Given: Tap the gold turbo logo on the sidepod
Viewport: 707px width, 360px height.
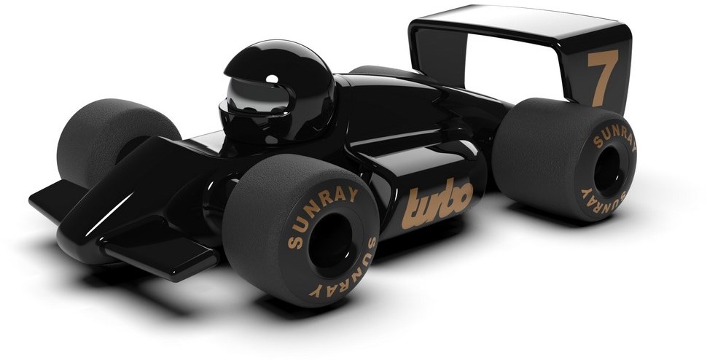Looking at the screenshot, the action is (x=437, y=203).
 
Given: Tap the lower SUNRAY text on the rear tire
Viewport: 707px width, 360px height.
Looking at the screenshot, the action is (x=602, y=199).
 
